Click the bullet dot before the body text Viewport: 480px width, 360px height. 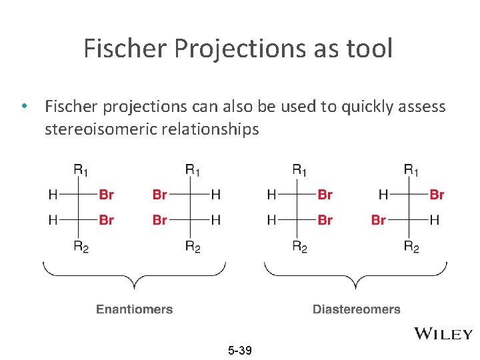pos(24,107)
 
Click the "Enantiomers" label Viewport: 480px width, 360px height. pos(135,309)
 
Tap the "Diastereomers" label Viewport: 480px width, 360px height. pos(357,309)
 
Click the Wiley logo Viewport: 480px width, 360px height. pos(443,334)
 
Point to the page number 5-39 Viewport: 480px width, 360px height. pos(239,350)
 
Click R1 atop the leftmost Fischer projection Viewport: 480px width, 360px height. pos(80,171)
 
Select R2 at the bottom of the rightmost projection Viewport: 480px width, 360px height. pos(411,247)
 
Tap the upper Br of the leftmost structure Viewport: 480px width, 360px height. pos(106,195)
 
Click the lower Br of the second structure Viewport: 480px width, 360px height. pos(160,219)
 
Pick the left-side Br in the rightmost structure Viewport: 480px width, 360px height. pos(379,219)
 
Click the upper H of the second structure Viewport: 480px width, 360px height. pos(215,195)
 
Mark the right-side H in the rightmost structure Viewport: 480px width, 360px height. pos(435,219)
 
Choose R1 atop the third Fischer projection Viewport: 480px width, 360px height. pos(300,171)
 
